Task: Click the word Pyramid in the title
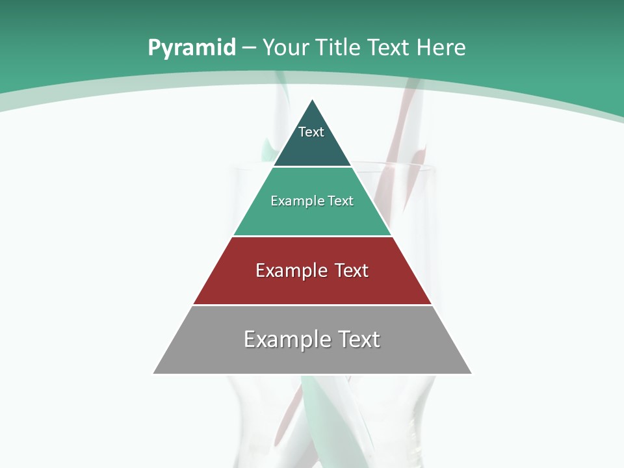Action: tap(191, 48)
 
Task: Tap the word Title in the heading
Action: tap(339, 47)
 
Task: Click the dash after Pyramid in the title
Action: tap(248, 48)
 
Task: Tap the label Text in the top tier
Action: tap(311, 132)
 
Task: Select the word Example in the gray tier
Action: tap(287, 339)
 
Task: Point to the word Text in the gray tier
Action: tap(357, 339)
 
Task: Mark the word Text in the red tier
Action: tap(352, 270)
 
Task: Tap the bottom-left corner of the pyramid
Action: tap(154, 373)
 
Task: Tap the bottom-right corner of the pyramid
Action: tap(471, 373)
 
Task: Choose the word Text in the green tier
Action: tap(341, 201)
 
